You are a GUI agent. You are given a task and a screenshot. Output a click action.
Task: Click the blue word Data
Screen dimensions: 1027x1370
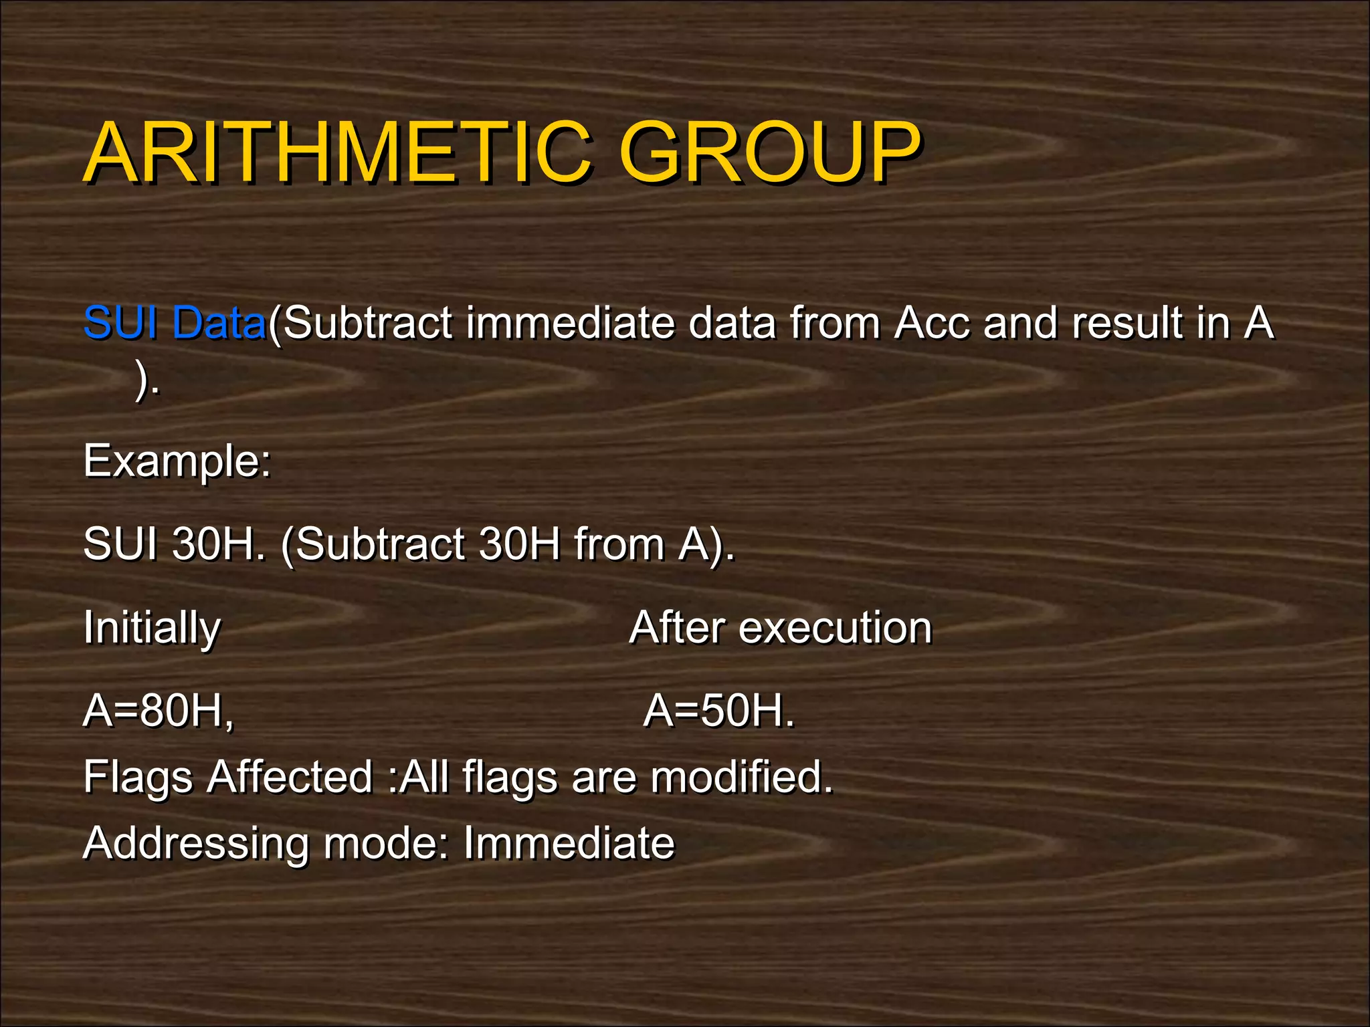tap(219, 322)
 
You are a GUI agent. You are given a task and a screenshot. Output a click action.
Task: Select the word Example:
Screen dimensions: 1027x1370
tap(177, 461)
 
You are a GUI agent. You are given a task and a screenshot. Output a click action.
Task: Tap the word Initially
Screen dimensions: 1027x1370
tap(152, 628)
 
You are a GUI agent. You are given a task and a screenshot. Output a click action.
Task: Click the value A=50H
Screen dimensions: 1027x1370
tap(717, 710)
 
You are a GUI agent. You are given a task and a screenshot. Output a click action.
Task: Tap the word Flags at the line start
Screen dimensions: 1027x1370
tap(138, 777)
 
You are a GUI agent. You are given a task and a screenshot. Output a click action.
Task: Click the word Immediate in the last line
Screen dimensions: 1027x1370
tap(569, 842)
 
